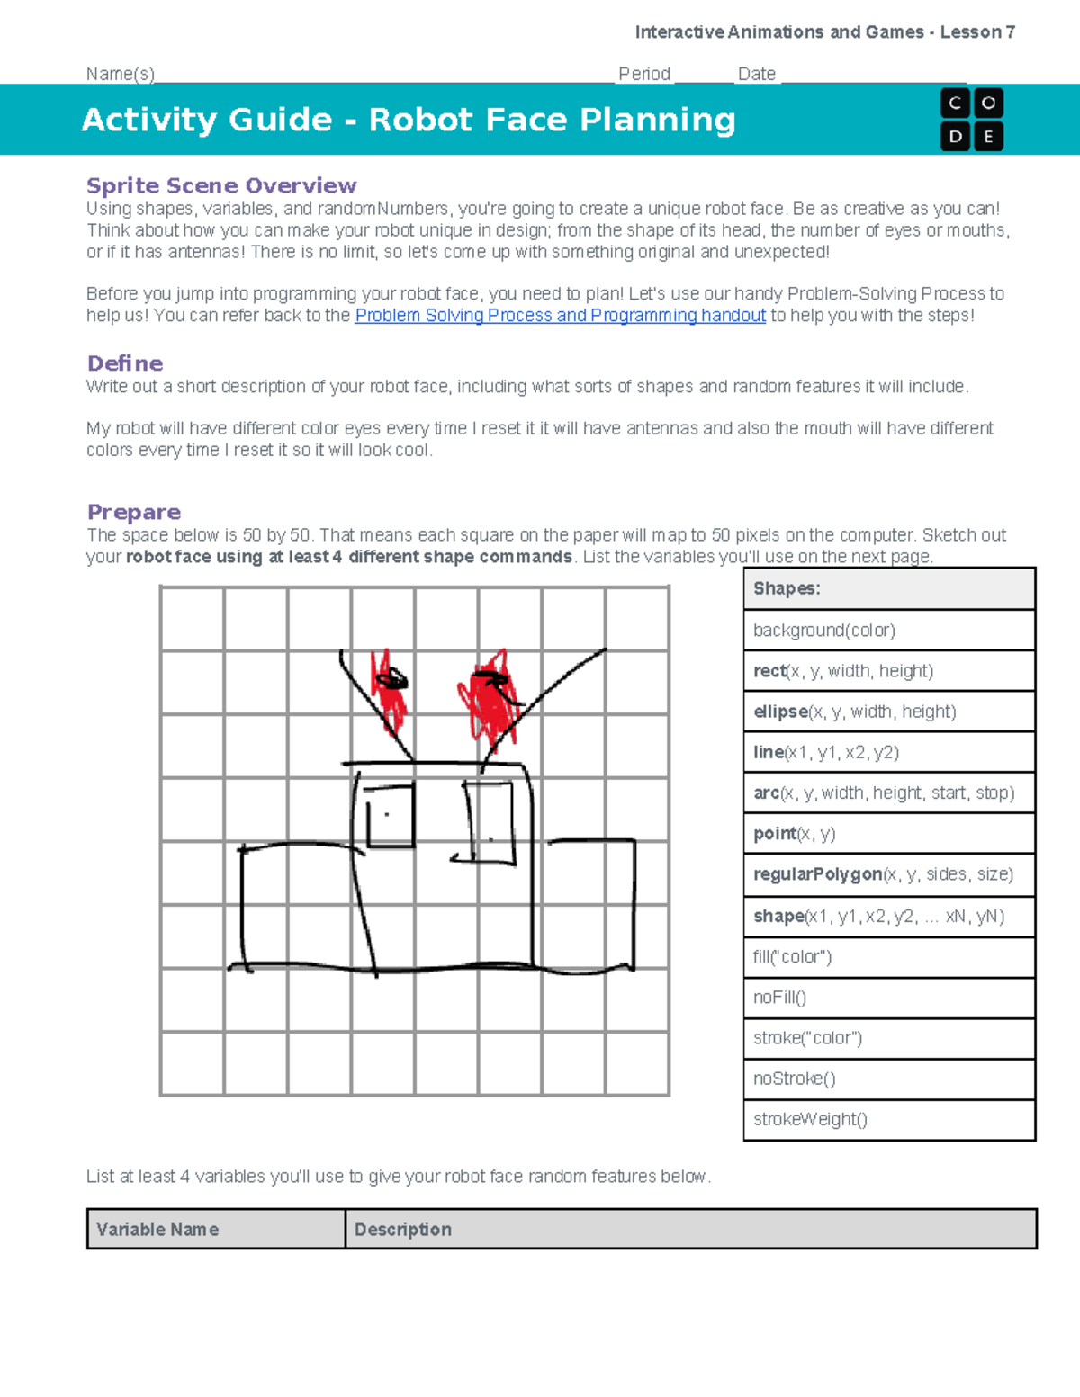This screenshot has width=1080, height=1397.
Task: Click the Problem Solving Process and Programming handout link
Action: (560, 316)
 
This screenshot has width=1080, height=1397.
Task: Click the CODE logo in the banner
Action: (971, 120)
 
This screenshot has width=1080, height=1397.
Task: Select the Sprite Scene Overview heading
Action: (221, 185)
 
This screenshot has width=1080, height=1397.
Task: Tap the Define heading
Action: (125, 363)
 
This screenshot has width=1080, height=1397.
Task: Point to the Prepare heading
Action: (134, 512)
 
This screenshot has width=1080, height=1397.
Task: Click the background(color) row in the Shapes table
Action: (889, 631)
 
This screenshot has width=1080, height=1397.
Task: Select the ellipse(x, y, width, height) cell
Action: (889, 712)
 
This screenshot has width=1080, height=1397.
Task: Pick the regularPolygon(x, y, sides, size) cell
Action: (889, 874)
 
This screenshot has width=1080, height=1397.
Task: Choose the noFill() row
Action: (889, 998)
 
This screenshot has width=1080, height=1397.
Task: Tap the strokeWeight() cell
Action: (889, 1120)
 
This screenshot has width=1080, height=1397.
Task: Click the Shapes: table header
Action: (889, 589)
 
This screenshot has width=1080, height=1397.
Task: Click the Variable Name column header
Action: (216, 1230)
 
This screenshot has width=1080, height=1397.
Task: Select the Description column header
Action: (690, 1230)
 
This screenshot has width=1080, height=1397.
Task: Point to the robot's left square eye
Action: (391, 816)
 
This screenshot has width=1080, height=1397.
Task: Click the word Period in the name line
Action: (644, 74)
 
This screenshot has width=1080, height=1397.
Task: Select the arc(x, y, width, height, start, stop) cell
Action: (889, 793)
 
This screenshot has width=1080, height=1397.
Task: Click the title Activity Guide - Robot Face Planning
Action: (409, 120)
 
